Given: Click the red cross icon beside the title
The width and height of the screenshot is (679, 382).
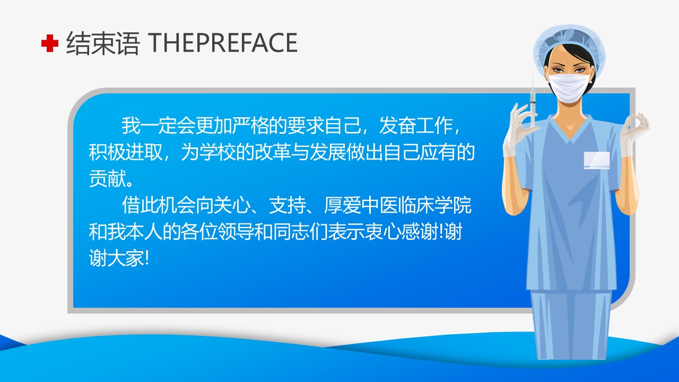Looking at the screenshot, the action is pos(50,43).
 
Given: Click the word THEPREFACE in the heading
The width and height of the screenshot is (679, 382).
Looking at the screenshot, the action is pos(223,43).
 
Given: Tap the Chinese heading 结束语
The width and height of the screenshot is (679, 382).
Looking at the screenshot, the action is pos(103,43).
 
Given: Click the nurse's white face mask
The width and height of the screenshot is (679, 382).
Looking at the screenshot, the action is pos(569,88).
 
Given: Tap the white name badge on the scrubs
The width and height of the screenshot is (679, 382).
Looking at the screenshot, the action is pos(597,160).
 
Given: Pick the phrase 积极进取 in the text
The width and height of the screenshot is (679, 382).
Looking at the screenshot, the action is pos(126,152).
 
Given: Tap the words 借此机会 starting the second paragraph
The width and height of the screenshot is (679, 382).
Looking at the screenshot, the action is pos(159,205).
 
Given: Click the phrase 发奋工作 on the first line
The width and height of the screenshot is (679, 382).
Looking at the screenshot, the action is pos(416,126).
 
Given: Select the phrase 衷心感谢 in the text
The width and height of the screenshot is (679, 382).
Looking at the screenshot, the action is pos(401,232).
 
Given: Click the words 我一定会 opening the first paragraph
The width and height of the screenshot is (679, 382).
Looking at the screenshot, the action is pos(159,126).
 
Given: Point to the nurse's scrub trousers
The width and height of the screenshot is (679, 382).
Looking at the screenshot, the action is pos(571,324).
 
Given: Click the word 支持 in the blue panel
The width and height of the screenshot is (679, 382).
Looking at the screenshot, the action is pos(288,205).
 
